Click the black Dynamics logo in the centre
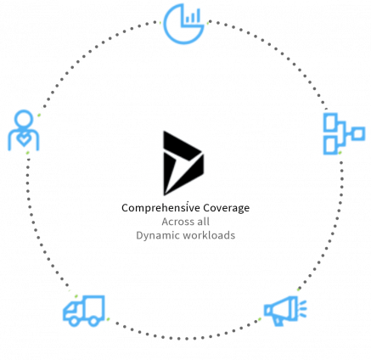point(183,163)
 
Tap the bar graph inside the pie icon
point(193,16)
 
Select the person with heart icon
point(24,131)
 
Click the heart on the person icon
point(24,139)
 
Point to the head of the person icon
point(24,119)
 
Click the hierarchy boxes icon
point(344,133)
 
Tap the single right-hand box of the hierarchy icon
point(358,133)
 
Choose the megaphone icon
point(285,311)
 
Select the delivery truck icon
point(84,311)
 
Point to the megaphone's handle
point(278,321)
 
